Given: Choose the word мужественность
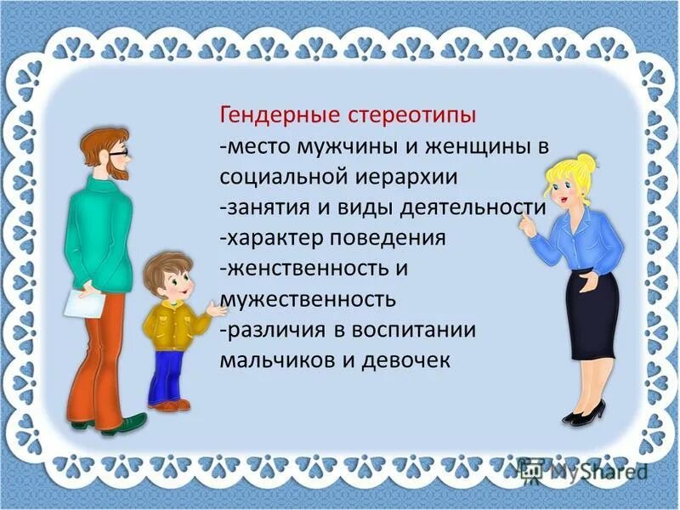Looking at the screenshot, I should pos(308,299).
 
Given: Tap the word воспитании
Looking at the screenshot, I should pos(407,330).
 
